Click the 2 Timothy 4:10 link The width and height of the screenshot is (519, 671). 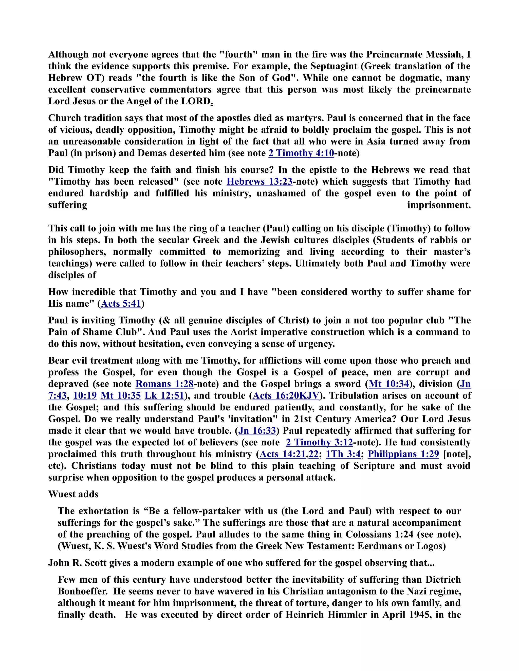(301, 153)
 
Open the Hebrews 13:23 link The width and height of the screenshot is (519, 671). (259, 182)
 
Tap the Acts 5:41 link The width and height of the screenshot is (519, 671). (121, 304)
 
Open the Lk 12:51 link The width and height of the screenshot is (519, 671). (164, 396)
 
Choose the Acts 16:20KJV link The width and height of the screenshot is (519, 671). (286, 396)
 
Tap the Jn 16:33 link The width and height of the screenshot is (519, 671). (257, 431)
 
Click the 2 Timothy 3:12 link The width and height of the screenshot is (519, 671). (319, 442)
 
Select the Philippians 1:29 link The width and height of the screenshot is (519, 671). (403, 454)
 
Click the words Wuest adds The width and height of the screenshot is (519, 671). (73, 494)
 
